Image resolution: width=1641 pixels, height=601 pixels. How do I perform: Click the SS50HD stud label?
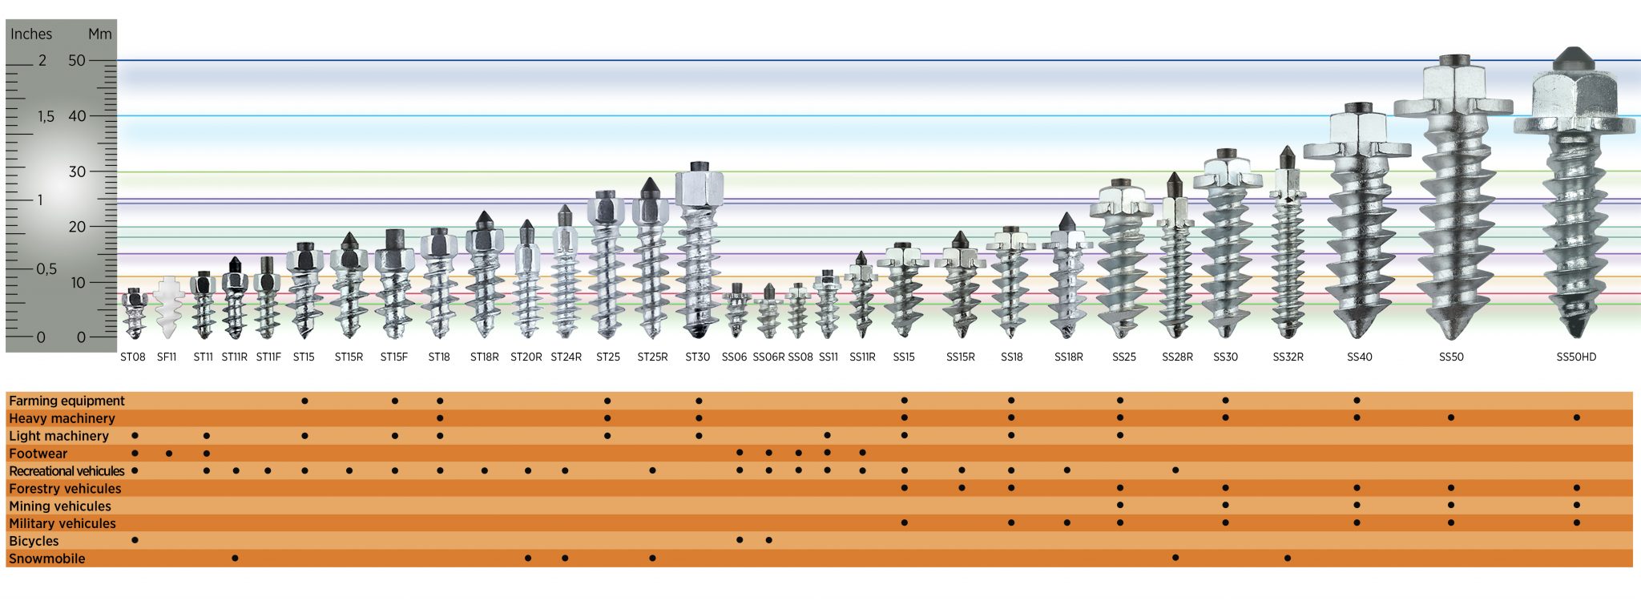pos(1575,357)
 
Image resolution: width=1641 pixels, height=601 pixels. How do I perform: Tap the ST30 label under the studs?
pos(697,357)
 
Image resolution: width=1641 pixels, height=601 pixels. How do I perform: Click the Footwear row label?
pos(38,454)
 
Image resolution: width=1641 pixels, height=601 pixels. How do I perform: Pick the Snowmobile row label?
pos(46,559)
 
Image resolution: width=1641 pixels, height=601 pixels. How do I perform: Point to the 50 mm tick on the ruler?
pos(77,60)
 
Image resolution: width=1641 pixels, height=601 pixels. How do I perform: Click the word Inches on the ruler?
pos(30,34)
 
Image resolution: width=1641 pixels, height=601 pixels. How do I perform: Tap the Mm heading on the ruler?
pos(100,34)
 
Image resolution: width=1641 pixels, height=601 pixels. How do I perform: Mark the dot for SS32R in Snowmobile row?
pos(1288,558)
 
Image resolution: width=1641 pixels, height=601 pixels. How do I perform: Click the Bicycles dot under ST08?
pos(135,540)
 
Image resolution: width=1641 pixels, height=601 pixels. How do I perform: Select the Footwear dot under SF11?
pos(168,454)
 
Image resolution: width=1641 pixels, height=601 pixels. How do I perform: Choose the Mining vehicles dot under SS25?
pos(1120,505)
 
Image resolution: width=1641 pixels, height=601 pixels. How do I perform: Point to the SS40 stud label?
pos(1359,357)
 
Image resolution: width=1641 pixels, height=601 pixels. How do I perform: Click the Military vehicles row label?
pos(62,523)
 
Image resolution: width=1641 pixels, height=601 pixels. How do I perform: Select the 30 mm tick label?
pos(77,171)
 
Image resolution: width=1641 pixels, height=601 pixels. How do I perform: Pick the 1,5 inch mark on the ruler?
pos(46,116)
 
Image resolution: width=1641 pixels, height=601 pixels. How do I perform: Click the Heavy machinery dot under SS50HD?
pos(1577,417)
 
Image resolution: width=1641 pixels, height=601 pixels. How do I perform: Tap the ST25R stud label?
pos(652,357)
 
